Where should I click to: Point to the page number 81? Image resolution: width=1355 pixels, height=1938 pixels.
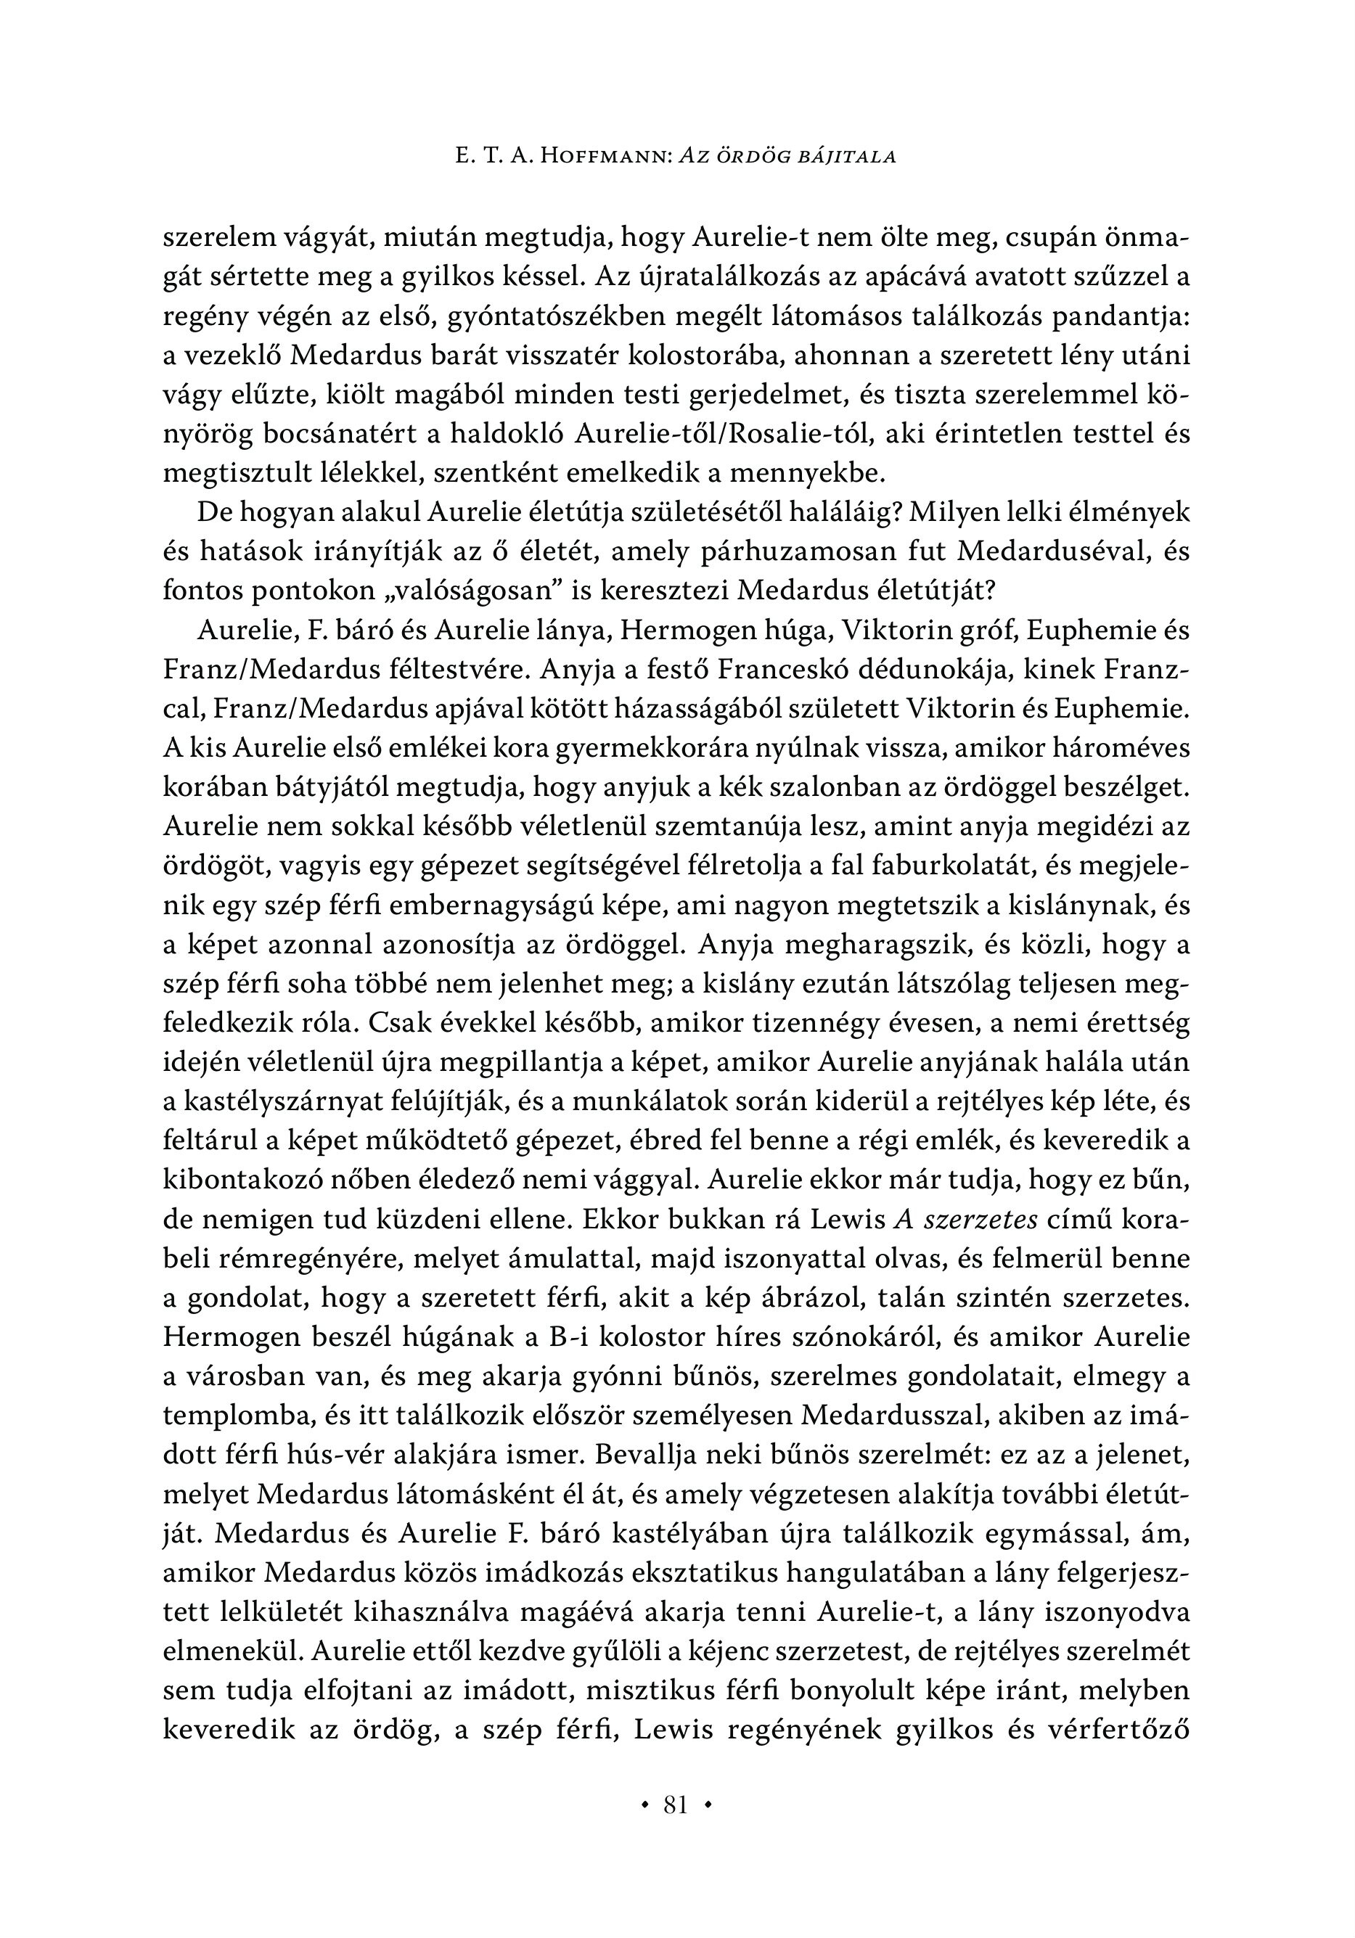(x=676, y=1805)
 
